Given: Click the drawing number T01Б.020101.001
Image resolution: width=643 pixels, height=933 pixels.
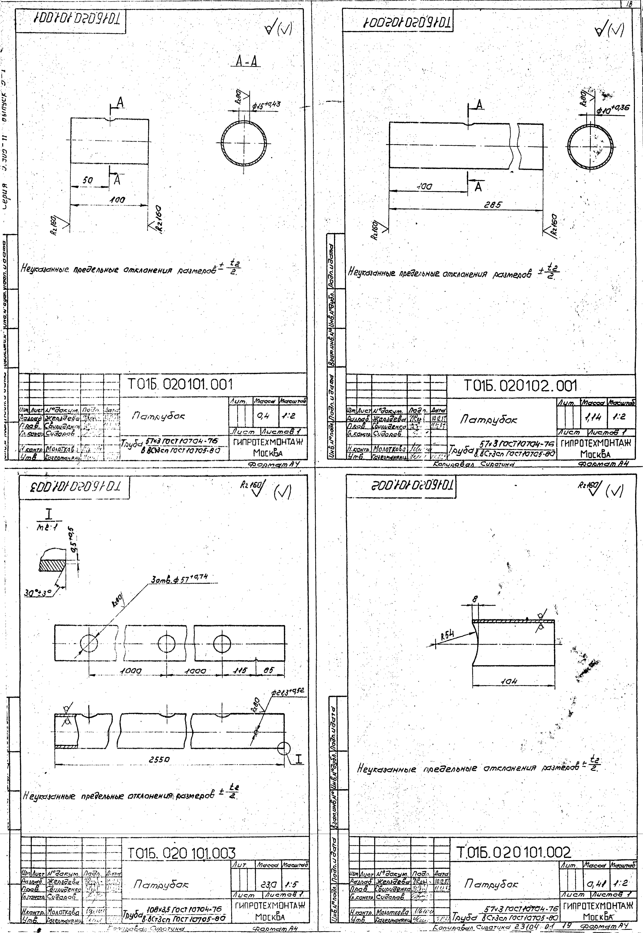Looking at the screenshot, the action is pos(180,385).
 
